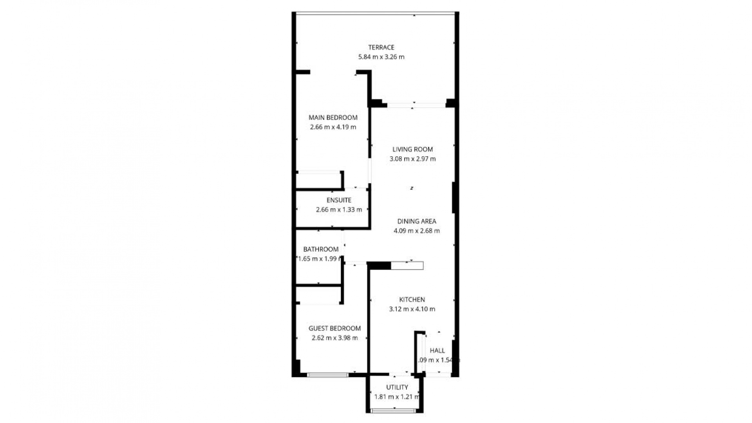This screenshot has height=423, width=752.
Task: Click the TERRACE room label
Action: tap(381, 47)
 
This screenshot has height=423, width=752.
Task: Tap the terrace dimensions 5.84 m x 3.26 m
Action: tap(381, 57)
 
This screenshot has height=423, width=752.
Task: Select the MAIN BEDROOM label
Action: tap(333, 117)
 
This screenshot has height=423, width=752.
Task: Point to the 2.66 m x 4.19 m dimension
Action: tap(333, 127)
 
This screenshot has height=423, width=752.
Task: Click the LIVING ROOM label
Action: tap(412, 149)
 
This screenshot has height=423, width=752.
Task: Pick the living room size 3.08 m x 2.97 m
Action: tap(412, 159)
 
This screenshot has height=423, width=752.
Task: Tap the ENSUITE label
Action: tap(339, 200)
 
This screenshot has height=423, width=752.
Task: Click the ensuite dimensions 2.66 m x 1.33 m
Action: tap(339, 210)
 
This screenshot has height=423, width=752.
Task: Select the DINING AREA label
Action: tap(416, 221)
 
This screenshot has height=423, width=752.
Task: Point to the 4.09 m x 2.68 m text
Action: tap(416, 231)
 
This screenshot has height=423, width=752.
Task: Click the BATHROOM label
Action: tap(321, 249)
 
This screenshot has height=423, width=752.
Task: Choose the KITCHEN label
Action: tap(412, 300)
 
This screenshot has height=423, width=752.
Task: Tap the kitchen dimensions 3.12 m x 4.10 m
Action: tap(412, 309)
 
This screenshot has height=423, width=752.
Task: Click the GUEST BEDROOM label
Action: tap(334, 329)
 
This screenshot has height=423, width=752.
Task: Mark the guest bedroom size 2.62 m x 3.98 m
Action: tap(334, 338)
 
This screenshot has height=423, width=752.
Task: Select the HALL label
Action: tap(437, 351)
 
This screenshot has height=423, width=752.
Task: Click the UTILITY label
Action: tap(397, 387)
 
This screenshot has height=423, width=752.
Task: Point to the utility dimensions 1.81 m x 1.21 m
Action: tap(396, 397)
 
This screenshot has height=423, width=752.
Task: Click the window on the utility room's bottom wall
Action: tap(392, 411)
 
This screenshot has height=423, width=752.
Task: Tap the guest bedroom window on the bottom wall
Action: tap(327, 375)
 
